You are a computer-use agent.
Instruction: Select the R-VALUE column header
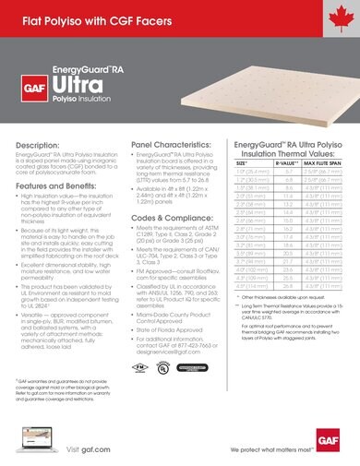pos(285,161)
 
